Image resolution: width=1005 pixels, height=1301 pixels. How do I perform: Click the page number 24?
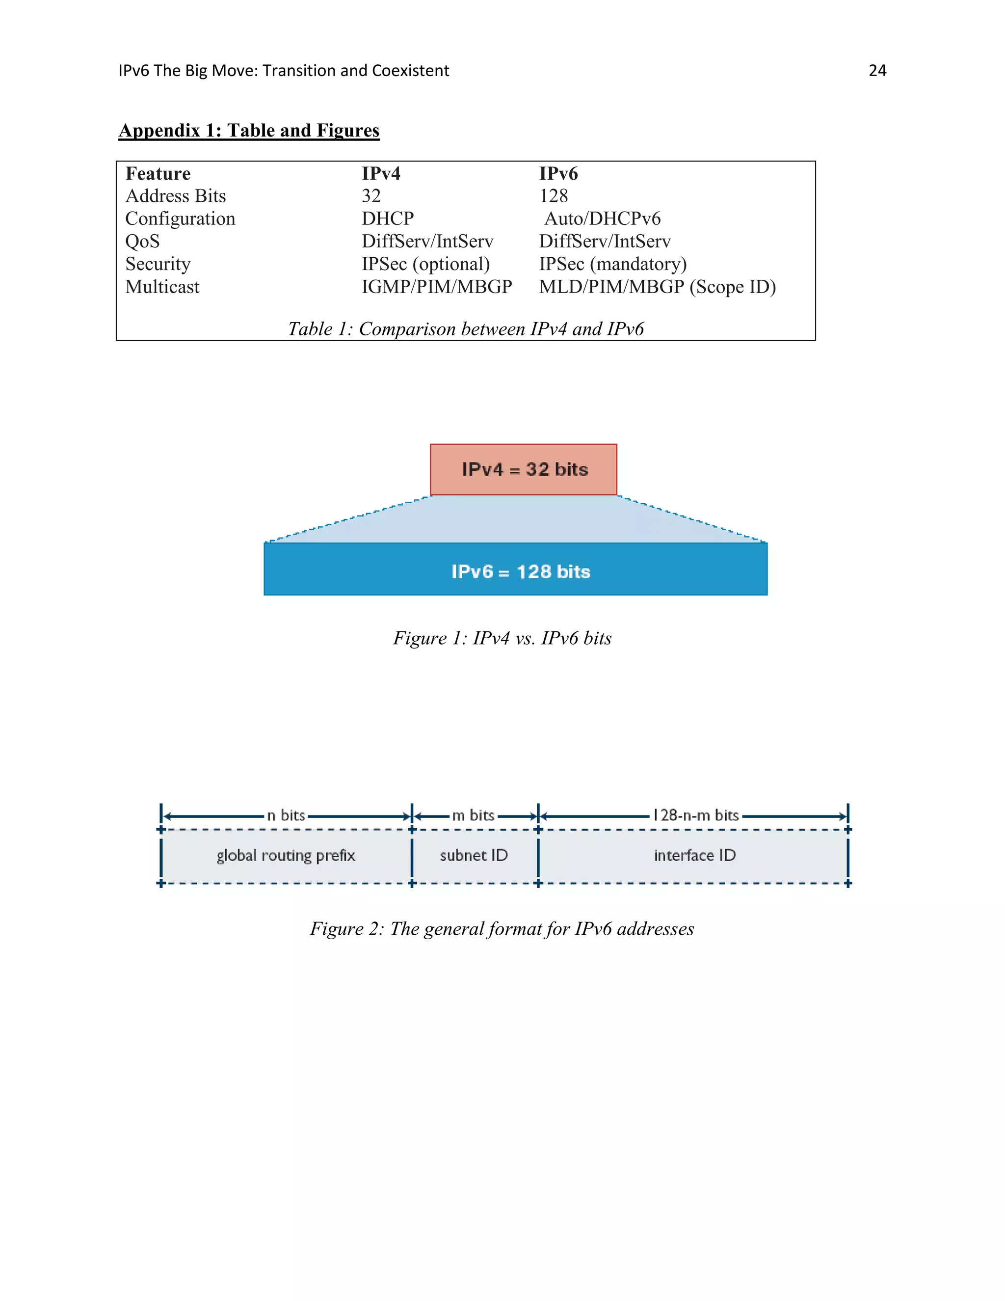click(877, 71)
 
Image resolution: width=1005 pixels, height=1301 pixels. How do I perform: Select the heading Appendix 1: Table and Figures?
click(249, 131)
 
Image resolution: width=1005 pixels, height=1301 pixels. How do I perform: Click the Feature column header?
click(158, 173)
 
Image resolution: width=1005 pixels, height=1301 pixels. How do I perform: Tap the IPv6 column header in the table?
click(558, 173)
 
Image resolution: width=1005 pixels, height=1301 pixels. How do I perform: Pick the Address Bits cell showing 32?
click(371, 196)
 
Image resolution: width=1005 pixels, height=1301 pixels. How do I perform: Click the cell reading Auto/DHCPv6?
click(602, 218)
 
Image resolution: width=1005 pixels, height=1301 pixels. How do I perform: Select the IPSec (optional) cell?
click(425, 264)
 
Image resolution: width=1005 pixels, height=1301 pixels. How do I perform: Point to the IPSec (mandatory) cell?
click(612, 264)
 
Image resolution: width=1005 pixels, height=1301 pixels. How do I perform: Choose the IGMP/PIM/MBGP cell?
click(436, 287)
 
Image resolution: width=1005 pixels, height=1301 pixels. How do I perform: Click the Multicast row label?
click(162, 287)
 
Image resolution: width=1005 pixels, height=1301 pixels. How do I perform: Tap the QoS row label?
click(142, 241)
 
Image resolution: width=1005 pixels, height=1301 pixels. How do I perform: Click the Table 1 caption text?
click(466, 329)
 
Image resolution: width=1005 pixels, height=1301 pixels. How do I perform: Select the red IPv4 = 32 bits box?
click(523, 469)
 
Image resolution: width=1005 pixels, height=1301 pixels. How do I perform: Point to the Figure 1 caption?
click(502, 638)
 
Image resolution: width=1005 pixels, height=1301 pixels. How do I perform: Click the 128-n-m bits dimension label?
click(695, 815)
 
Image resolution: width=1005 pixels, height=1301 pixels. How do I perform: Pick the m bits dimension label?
click(474, 815)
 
